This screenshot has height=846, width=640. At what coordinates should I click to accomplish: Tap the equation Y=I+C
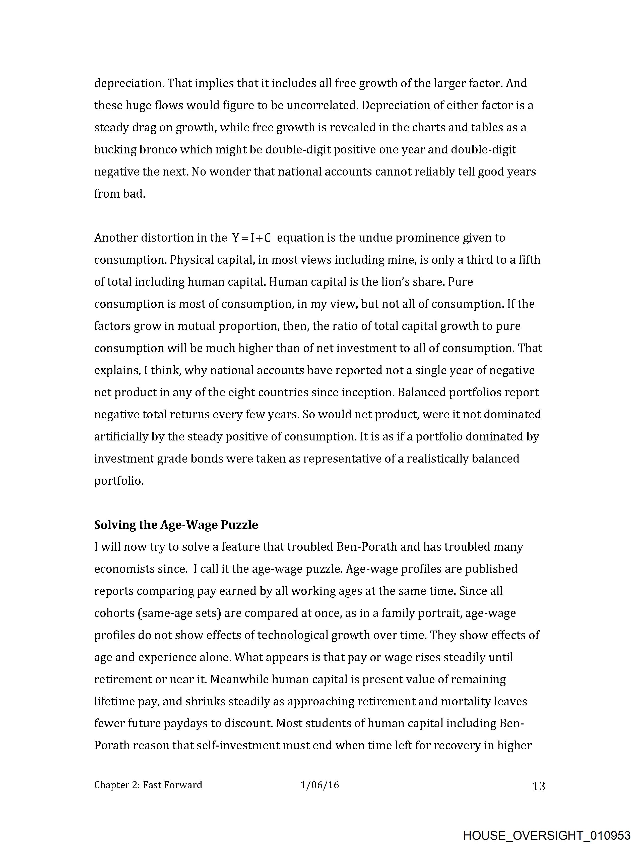point(251,238)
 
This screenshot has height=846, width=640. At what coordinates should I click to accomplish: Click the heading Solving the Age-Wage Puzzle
point(176,525)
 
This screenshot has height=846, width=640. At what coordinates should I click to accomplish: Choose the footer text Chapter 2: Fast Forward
point(148,785)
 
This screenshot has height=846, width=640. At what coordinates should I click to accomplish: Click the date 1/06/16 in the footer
point(319,785)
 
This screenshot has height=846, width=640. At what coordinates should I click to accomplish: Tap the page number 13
point(539,786)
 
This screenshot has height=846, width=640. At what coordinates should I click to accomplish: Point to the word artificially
point(121,437)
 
